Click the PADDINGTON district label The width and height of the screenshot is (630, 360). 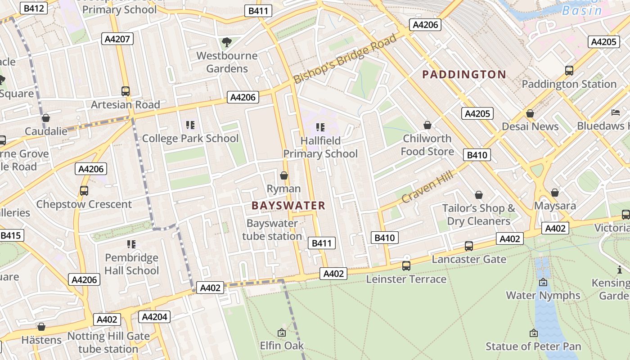(464, 75)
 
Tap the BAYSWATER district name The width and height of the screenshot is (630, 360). (288, 206)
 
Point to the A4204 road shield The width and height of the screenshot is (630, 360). (154, 317)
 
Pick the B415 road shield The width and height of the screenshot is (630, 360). (11, 235)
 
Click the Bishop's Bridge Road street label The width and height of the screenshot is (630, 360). (345, 58)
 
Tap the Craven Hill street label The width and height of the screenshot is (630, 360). (427, 186)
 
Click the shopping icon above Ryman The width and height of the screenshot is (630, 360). (284, 175)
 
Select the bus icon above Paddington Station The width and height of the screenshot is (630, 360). (569, 70)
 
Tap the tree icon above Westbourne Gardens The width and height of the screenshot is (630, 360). (227, 42)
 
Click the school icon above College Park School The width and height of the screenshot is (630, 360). (190, 125)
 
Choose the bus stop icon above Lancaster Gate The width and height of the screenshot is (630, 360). (468, 246)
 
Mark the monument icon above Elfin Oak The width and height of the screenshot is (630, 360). (282, 333)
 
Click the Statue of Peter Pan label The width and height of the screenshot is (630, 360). (533, 346)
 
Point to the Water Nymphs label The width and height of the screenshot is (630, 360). (543, 296)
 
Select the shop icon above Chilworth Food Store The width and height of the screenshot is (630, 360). (427, 125)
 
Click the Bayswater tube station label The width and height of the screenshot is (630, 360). (272, 229)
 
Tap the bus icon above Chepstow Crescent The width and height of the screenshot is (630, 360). (84, 190)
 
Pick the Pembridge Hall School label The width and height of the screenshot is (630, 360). (131, 264)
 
